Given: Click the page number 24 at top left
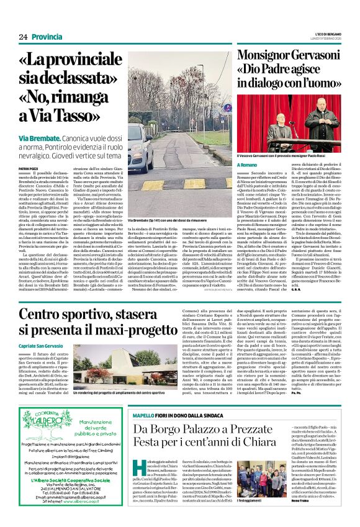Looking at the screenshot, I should click(22, 37).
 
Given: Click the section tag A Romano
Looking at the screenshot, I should click(247, 165).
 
